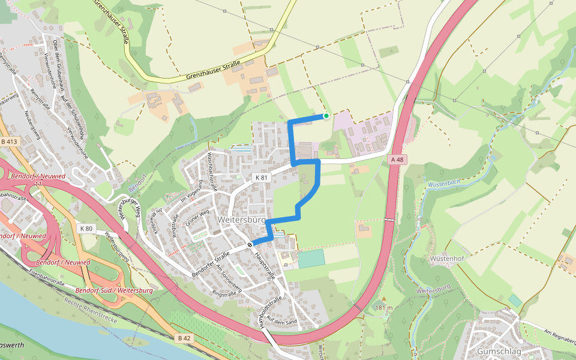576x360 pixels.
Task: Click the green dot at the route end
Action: click(x=326, y=116)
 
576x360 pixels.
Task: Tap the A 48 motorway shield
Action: click(x=398, y=160)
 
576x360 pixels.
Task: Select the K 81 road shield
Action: click(x=260, y=178)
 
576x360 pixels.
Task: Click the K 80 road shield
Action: click(x=86, y=229)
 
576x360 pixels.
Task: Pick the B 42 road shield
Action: click(x=184, y=338)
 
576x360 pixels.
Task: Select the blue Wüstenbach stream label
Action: click(x=445, y=185)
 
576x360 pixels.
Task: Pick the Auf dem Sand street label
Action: click(x=282, y=319)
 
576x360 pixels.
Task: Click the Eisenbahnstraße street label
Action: click(x=47, y=279)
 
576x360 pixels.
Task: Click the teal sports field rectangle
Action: click(x=311, y=259)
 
